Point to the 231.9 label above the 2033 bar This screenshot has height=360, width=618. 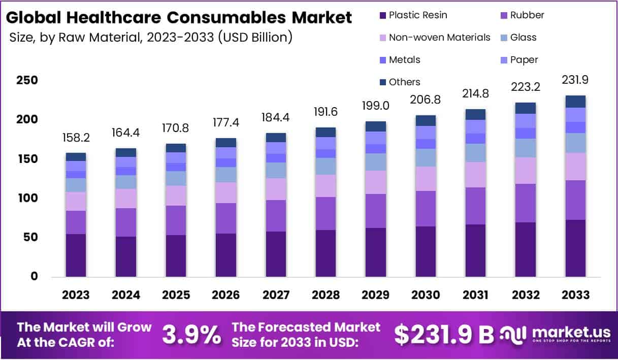click(x=575, y=80)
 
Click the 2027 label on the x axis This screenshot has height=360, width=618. click(x=276, y=295)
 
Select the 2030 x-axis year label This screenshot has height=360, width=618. click(x=426, y=295)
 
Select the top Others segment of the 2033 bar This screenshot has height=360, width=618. click(x=575, y=101)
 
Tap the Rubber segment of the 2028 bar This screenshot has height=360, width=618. click(x=326, y=213)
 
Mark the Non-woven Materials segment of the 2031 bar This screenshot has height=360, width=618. click(x=476, y=174)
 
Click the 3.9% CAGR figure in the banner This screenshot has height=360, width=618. click(x=191, y=335)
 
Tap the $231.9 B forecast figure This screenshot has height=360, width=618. click(x=444, y=334)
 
